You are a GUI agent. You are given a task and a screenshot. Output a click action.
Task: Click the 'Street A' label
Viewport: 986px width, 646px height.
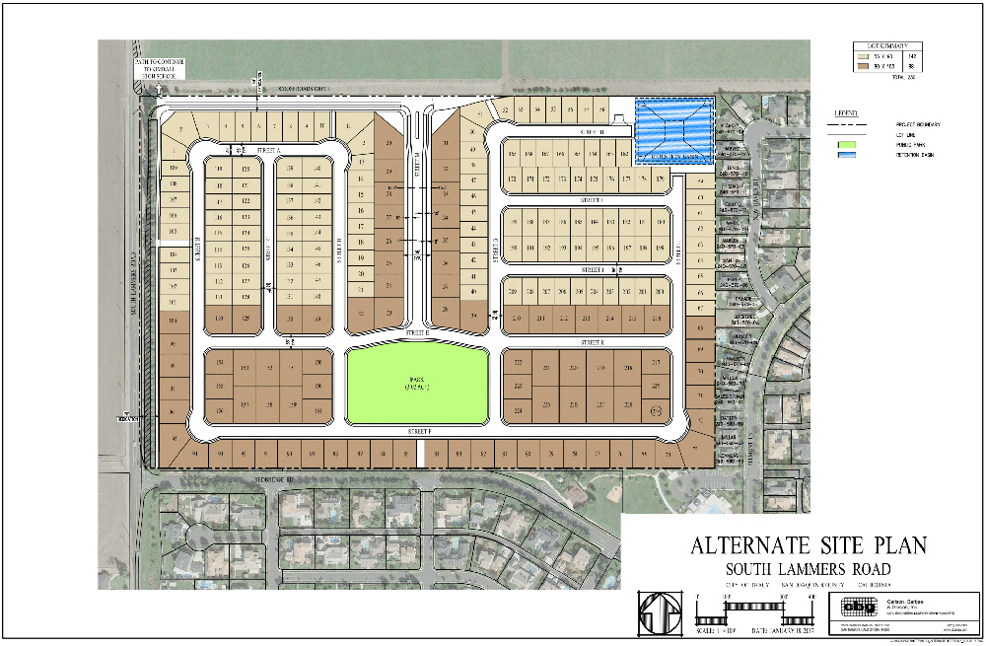point(269,151)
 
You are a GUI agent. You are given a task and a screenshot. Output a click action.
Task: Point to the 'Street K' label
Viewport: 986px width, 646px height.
point(593,342)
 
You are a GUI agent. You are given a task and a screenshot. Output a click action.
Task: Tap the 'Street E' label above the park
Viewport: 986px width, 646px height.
point(417,333)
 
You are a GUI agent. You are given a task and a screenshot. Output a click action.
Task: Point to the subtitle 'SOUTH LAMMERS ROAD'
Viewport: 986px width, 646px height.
point(809,569)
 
